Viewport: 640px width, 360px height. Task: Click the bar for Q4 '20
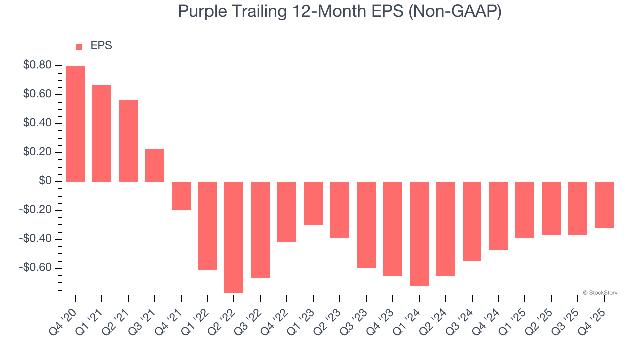[75, 124]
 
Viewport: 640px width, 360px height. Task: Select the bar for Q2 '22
[234, 237]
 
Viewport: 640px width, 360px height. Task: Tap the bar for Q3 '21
[155, 165]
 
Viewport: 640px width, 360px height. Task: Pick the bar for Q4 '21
[181, 196]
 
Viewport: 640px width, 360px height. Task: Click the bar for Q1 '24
[419, 233]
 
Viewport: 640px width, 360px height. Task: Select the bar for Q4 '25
[604, 205]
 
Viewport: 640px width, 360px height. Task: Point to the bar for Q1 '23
[313, 203]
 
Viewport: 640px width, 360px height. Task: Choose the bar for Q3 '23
[366, 225]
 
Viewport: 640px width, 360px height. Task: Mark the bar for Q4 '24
[498, 216]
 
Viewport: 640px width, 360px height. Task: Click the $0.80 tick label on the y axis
[37, 65]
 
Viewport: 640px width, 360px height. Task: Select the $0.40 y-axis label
[37, 123]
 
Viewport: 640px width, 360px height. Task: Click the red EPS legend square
[79, 47]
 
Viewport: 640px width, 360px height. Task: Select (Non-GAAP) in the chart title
[455, 12]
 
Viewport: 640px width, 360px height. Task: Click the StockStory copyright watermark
[600, 293]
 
